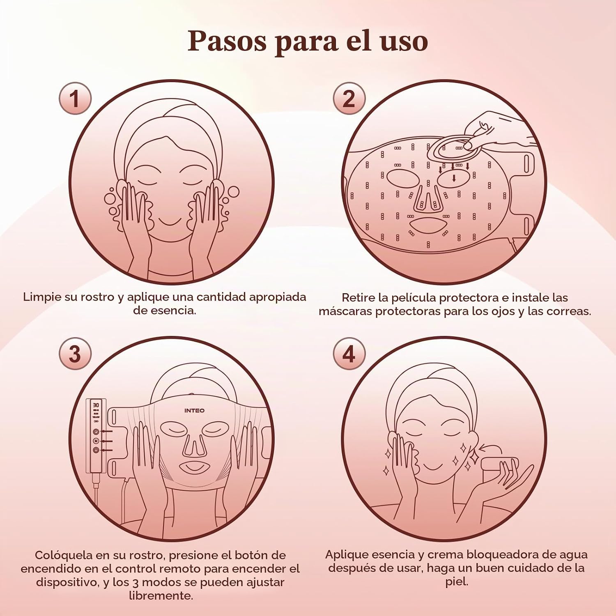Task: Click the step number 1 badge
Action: tap(75, 99)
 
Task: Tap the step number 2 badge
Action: tap(349, 99)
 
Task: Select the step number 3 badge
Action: tap(75, 354)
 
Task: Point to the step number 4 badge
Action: tap(349, 354)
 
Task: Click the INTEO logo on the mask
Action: tap(194, 410)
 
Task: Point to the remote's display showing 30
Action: tap(96, 405)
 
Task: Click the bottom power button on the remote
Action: tap(96, 450)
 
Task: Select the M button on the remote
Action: tap(96, 441)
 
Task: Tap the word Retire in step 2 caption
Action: tap(358, 297)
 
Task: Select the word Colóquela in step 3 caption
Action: tap(64, 556)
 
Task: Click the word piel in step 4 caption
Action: tap(457, 582)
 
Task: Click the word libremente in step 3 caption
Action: tap(161, 595)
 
